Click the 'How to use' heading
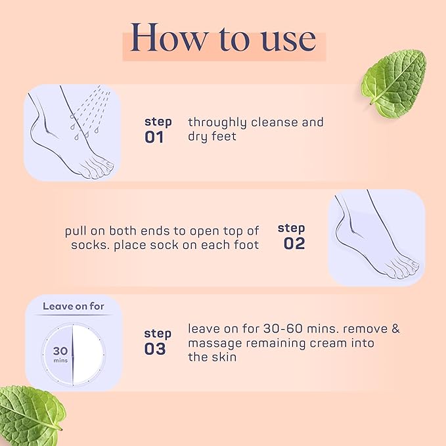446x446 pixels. (223, 39)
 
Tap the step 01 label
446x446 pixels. (158, 130)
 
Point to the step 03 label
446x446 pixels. (158, 342)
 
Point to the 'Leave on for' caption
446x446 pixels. (74, 306)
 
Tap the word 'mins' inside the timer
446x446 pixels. (59, 361)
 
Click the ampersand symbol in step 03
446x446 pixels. (395, 328)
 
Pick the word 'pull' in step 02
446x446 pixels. (76, 231)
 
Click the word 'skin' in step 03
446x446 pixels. (223, 357)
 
